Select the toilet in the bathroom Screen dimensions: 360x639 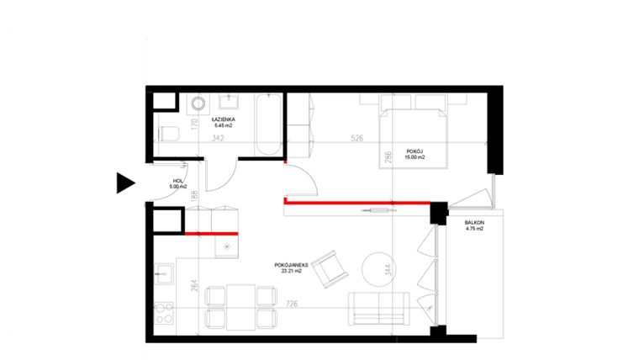pyautogui.click(x=166, y=132)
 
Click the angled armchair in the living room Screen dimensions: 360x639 pyautogui.click(x=328, y=266)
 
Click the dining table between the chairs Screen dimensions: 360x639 pyautogui.click(x=240, y=306)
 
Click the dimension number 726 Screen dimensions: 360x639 pyautogui.click(x=292, y=304)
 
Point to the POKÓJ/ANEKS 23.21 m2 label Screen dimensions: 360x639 pyautogui.click(x=293, y=267)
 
